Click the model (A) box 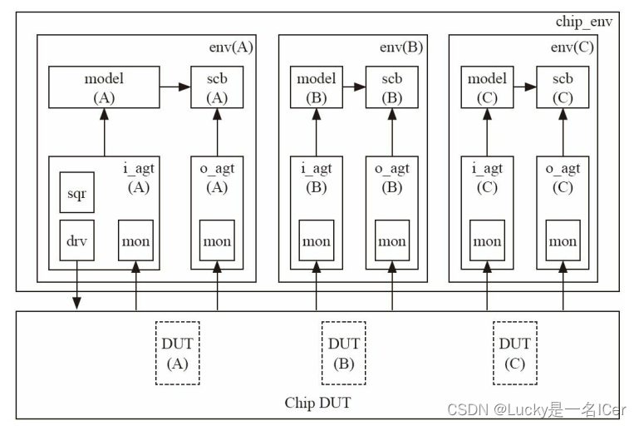pyautogui.click(x=104, y=87)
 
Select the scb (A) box pyautogui.click(x=217, y=87)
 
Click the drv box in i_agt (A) pyautogui.click(x=76, y=241)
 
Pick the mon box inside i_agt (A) pyautogui.click(x=135, y=241)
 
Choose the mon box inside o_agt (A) pyautogui.click(x=217, y=241)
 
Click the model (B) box pyautogui.click(x=316, y=87)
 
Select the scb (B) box pyautogui.click(x=391, y=87)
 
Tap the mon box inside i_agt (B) pyautogui.click(x=316, y=241)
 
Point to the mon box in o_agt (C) pyautogui.click(x=563, y=241)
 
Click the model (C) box pyautogui.click(x=487, y=87)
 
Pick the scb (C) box pyautogui.click(x=563, y=87)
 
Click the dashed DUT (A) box pyautogui.click(x=177, y=353)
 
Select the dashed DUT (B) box pyautogui.click(x=344, y=353)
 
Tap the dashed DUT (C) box pyautogui.click(x=514, y=353)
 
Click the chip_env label pyautogui.click(x=583, y=22)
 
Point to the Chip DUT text pyautogui.click(x=317, y=403)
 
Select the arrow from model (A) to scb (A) pyautogui.click(x=175, y=87)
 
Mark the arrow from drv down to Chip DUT pyautogui.click(x=76, y=287)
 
